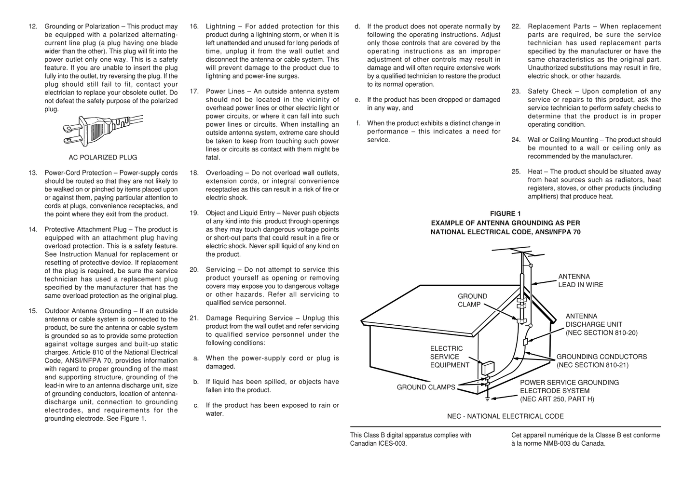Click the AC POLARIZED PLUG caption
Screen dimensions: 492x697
(x=103, y=158)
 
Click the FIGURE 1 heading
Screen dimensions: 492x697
(x=505, y=214)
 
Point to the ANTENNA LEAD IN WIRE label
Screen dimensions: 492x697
(x=580, y=281)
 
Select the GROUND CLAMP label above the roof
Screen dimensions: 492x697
(x=472, y=300)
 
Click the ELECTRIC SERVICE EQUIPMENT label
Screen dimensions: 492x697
(x=450, y=357)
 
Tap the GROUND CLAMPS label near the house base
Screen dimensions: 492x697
(x=425, y=387)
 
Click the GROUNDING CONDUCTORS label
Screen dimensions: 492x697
(x=601, y=361)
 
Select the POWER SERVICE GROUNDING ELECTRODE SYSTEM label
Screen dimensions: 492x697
(x=569, y=391)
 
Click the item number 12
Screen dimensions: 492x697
(x=33, y=27)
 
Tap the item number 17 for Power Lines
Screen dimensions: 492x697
(x=194, y=92)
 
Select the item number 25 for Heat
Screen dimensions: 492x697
(x=516, y=172)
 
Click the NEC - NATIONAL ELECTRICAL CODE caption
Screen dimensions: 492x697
(x=505, y=416)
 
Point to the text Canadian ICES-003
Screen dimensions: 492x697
(x=378, y=444)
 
